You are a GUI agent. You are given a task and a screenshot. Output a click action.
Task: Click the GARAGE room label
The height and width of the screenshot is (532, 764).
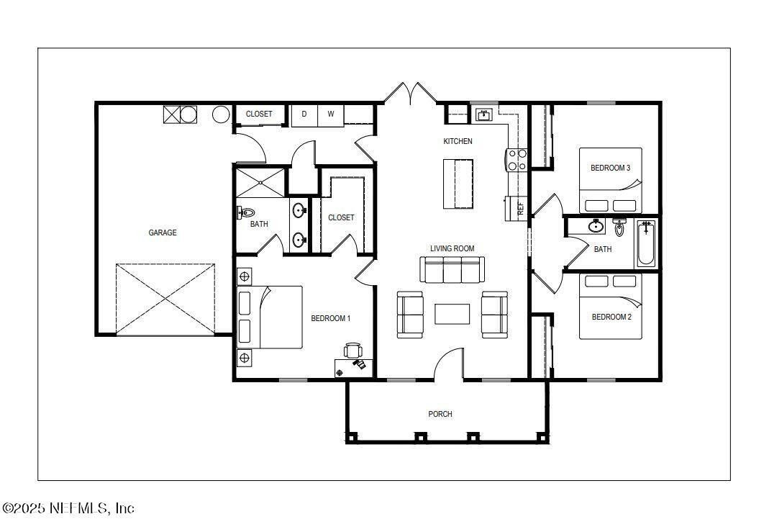tap(163, 233)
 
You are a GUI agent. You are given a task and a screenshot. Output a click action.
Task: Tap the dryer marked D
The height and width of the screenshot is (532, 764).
tap(304, 114)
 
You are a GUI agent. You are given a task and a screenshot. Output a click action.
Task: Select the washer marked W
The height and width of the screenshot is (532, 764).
tap(331, 114)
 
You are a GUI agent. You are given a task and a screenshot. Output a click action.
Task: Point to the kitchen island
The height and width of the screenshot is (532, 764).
tap(459, 183)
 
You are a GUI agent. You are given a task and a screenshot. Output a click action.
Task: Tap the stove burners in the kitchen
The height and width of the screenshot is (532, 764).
tap(517, 160)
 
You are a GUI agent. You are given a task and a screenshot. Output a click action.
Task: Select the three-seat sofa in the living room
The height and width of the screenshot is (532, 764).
tap(451, 270)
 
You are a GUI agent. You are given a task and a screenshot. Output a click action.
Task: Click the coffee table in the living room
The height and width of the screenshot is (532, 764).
tap(452, 314)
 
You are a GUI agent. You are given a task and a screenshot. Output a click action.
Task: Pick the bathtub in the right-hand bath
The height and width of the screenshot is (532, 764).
tap(645, 243)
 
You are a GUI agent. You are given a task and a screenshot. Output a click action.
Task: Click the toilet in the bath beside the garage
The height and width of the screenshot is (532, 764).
tap(246, 213)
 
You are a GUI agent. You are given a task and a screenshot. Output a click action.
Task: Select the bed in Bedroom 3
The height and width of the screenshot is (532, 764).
tap(610, 180)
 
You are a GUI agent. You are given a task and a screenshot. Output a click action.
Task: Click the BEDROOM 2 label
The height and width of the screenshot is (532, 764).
tap(611, 317)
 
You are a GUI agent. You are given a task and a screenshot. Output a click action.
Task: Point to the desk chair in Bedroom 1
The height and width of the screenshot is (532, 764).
tap(353, 350)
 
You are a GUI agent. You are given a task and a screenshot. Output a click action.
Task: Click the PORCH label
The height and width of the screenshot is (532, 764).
tap(440, 414)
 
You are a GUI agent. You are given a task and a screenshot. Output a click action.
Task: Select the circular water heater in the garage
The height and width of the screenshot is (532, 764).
tap(222, 114)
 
